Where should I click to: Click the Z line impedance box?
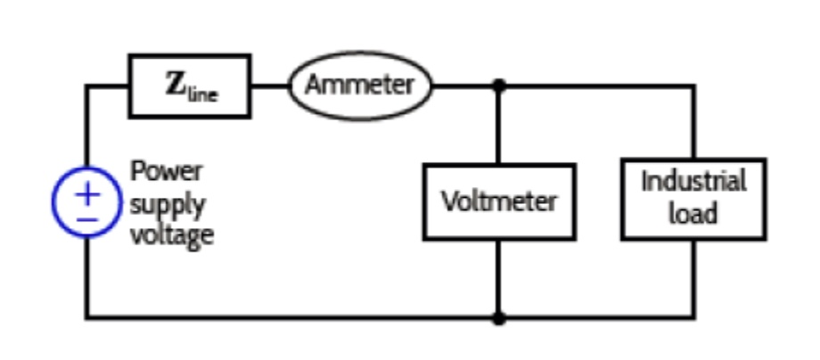point(189,86)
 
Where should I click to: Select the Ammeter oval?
point(359,86)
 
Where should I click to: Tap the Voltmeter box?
point(499,201)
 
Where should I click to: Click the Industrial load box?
point(693,199)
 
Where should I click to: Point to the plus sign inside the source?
point(87,192)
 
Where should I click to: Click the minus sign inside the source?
point(87,217)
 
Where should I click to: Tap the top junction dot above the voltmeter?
point(499,86)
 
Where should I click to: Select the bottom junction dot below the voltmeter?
point(499,317)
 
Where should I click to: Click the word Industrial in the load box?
point(693,181)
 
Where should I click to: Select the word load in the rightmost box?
point(693,215)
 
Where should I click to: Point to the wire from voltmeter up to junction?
point(499,125)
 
